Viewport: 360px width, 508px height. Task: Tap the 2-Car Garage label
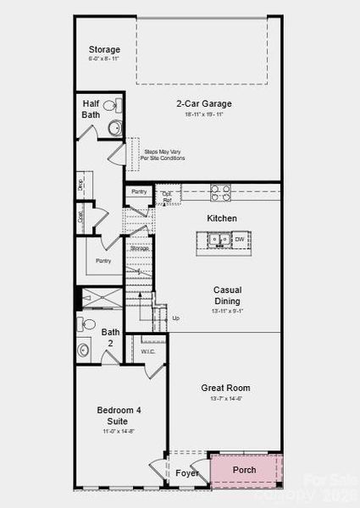pos(203,104)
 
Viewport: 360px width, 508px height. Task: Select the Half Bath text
pos(91,109)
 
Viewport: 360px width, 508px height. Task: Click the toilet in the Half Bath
pos(116,107)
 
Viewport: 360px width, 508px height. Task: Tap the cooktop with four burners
pos(219,192)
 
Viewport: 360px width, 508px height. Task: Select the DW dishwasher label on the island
pos(240,240)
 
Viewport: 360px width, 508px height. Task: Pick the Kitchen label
pos(222,218)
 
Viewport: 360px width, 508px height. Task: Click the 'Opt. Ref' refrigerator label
pos(168,197)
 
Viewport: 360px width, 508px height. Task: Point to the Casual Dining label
pos(226,295)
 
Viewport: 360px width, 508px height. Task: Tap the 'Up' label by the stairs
pos(175,318)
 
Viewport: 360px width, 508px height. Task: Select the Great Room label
pos(225,388)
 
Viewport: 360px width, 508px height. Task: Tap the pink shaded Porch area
pos(245,472)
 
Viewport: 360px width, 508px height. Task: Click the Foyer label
pos(187,472)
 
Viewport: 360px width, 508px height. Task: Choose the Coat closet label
pos(81,216)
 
